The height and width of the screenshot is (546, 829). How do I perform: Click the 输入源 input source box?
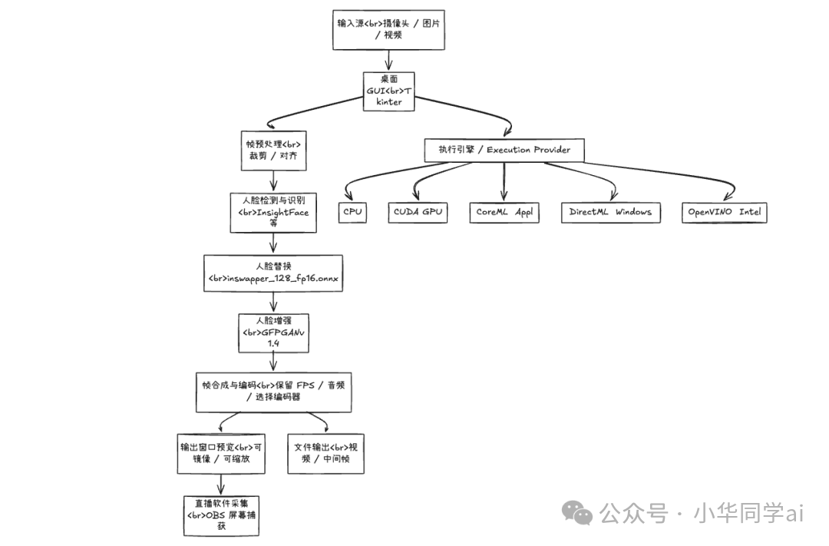click(x=388, y=29)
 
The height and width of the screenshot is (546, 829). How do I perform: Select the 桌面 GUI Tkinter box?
click(x=389, y=91)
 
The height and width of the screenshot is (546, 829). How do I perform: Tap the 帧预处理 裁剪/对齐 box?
click(x=273, y=151)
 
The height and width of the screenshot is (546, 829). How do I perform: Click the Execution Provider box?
click(x=504, y=150)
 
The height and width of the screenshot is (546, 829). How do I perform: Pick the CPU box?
click(x=352, y=212)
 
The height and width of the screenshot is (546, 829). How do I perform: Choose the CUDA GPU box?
click(x=418, y=212)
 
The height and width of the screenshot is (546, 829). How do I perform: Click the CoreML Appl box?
click(x=504, y=212)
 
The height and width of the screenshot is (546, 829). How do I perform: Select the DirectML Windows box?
click(x=611, y=212)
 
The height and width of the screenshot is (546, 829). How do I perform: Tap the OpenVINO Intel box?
click(x=724, y=212)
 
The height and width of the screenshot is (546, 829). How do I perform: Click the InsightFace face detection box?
click(x=273, y=212)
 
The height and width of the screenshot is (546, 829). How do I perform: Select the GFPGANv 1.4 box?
click(x=273, y=332)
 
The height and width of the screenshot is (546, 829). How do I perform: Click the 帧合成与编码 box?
click(x=273, y=391)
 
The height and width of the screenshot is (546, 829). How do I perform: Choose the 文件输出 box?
click(x=326, y=453)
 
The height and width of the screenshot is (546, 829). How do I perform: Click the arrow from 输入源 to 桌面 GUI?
click(x=389, y=61)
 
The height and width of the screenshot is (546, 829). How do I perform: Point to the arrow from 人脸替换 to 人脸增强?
click(x=273, y=303)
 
